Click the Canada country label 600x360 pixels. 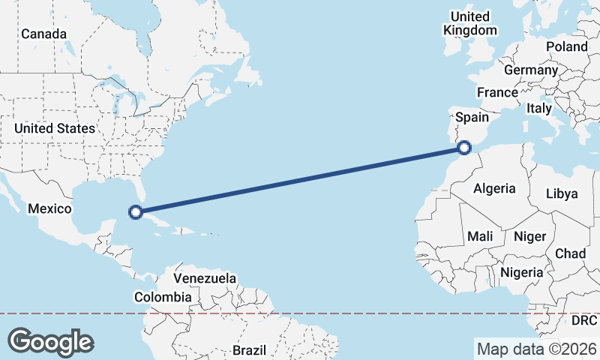pos(43,34)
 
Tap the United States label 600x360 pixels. pos(55,128)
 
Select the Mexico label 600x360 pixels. pos(49,208)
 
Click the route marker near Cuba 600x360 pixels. pos(136,212)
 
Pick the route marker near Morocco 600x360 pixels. pos(464,148)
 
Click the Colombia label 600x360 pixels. pos(163,298)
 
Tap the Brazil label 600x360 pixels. pos(249,350)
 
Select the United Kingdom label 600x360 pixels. pos(470,23)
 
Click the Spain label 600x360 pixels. pos(472,118)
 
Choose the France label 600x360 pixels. pos(497,93)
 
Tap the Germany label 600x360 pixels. pos(531,70)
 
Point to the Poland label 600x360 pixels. pos(567,46)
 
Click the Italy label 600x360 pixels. pos(538,109)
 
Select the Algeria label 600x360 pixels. pos(494,189)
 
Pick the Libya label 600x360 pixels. pos(562,193)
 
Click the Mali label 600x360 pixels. pos(480,236)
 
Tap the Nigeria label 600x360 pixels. pos(521,272)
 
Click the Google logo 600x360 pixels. pos(51,342)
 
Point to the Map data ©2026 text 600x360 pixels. pos(536,349)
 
